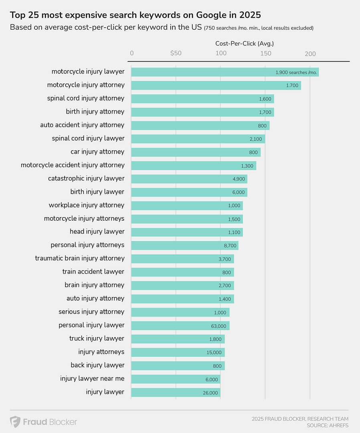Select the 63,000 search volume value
(x=218, y=326)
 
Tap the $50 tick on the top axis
(x=176, y=53)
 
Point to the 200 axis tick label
(x=310, y=53)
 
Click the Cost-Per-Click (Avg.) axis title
(x=245, y=43)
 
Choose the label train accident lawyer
(x=93, y=272)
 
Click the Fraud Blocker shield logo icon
(x=15, y=422)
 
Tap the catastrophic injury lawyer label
(x=86, y=179)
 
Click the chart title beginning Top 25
(x=135, y=15)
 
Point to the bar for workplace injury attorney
(x=187, y=206)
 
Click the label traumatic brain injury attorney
(x=80, y=258)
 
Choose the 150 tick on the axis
(x=265, y=53)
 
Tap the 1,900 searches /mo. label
(x=296, y=73)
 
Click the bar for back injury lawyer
(x=178, y=366)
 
